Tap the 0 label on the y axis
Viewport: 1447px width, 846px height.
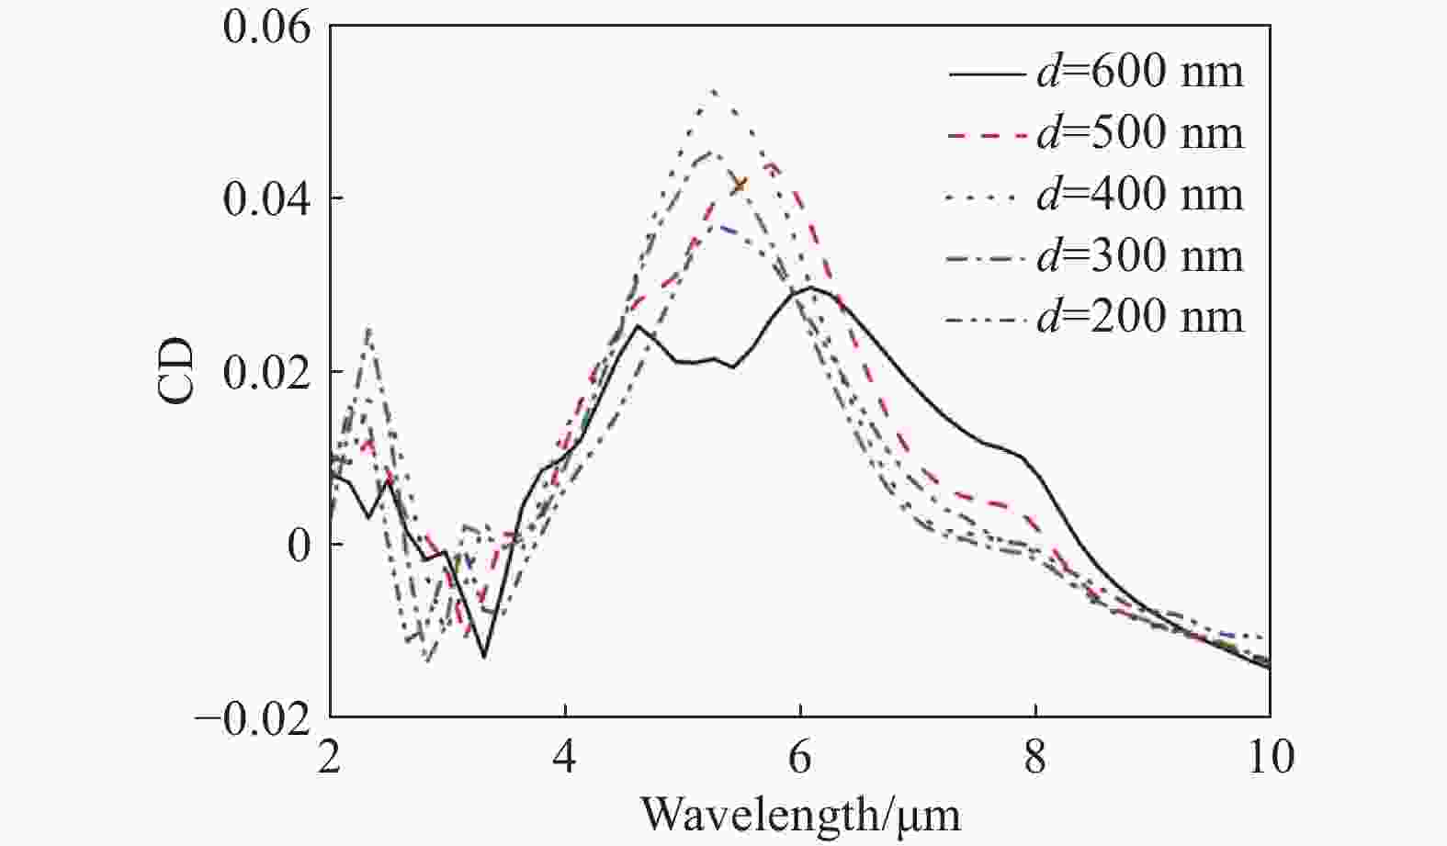(x=300, y=545)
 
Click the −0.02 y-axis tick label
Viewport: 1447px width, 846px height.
(x=252, y=717)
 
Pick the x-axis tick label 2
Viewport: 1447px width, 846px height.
(x=330, y=759)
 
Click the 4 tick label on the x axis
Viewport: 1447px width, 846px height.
(x=565, y=759)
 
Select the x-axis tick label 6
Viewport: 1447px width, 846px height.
(x=800, y=759)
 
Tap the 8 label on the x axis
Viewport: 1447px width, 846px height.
(x=1035, y=759)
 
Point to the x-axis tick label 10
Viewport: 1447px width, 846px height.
(x=1270, y=759)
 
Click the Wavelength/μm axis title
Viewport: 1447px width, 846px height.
(x=799, y=814)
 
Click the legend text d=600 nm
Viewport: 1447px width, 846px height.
(x=1139, y=72)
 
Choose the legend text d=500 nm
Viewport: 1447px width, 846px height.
(x=1139, y=133)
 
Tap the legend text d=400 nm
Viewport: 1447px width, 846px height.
(x=1139, y=195)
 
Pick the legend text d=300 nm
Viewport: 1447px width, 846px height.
(x=1139, y=256)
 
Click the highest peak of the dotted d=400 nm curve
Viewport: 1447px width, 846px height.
(x=713, y=90)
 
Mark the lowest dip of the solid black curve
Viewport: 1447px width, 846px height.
(x=484, y=657)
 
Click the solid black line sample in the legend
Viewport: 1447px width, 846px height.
(x=987, y=73)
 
